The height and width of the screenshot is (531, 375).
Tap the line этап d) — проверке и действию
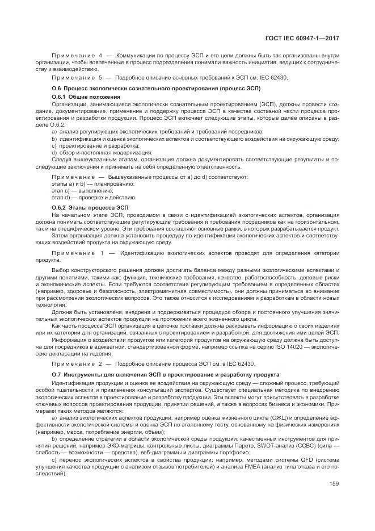(87, 197)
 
